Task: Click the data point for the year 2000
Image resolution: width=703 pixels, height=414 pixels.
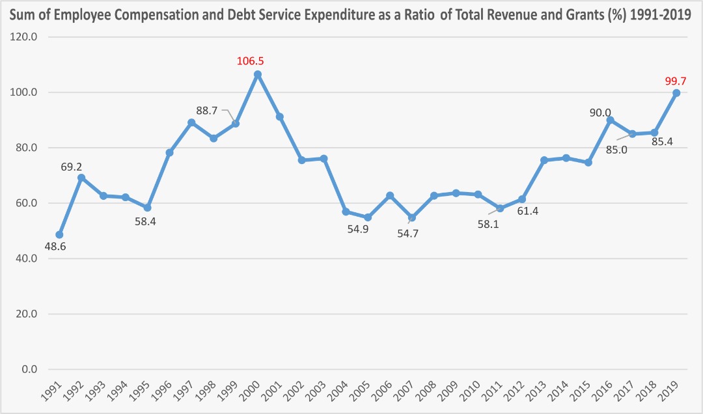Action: [x=258, y=74]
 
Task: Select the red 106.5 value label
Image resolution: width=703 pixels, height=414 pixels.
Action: [x=251, y=61]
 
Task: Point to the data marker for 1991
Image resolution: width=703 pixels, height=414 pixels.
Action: [x=59, y=234]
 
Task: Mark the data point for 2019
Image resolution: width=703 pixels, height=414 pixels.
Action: [x=676, y=93]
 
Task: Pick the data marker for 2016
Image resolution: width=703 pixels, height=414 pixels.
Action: [x=610, y=120]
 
